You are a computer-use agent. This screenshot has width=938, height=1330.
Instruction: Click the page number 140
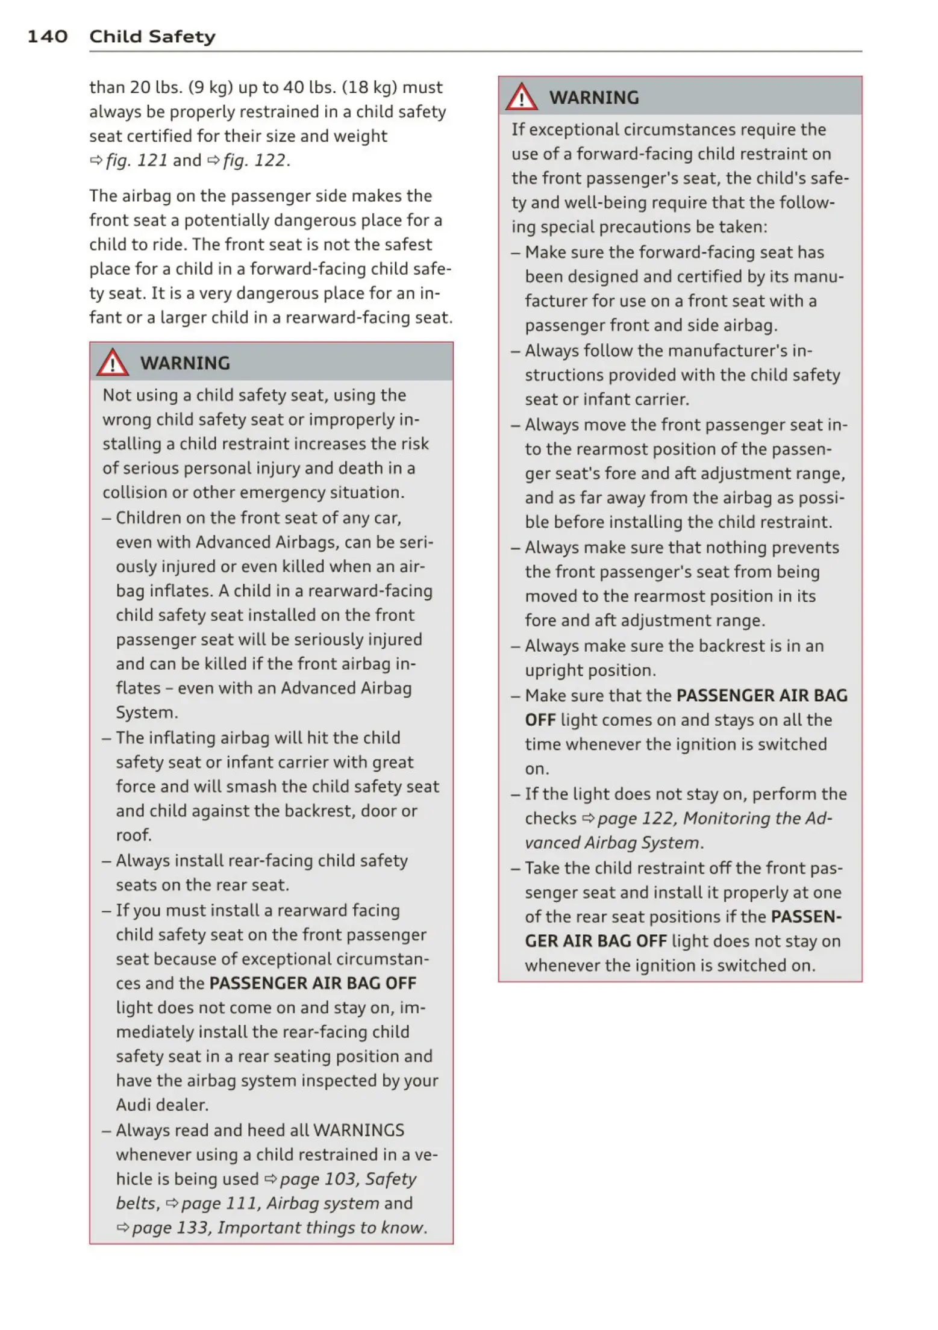pyautogui.click(x=47, y=37)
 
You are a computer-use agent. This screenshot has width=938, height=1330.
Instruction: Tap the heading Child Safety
pyautogui.click(x=152, y=37)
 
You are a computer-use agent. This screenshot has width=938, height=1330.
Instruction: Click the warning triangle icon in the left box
pyautogui.click(x=113, y=363)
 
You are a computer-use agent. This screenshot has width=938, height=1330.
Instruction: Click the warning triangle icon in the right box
pyautogui.click(x=521, y=97)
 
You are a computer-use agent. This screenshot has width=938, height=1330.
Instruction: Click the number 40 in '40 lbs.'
pyautogui.click(x=293, y=88)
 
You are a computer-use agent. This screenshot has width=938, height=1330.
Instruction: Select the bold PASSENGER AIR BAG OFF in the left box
pyautogui.click(x=313, y=983)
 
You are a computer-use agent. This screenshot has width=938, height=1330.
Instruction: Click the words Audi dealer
pyautogui.click(x=162, y=1105)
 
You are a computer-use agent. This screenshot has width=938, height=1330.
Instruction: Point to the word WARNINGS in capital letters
pyautogui.click(x=359, y=1130)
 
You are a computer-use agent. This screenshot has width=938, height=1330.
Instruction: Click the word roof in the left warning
pyautogui.click(x=133, y=835)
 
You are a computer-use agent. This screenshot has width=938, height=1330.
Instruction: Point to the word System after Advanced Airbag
pyautogui.click(x=146, y=713)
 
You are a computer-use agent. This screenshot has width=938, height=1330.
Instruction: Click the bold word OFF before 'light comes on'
pyautogui.click(x=540, y=720)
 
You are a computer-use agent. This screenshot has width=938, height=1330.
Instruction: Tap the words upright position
pyautogui.click(x=590, y=670)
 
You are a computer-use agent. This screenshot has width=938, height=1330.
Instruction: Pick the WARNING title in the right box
pyautogui.click(x=594, y=98)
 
